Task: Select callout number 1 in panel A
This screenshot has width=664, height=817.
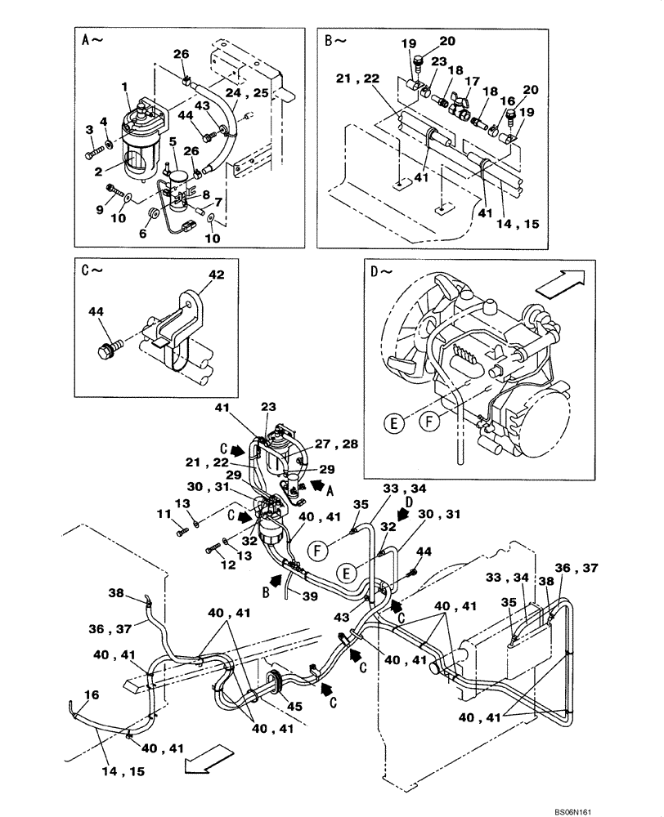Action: tap(125, 87)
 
